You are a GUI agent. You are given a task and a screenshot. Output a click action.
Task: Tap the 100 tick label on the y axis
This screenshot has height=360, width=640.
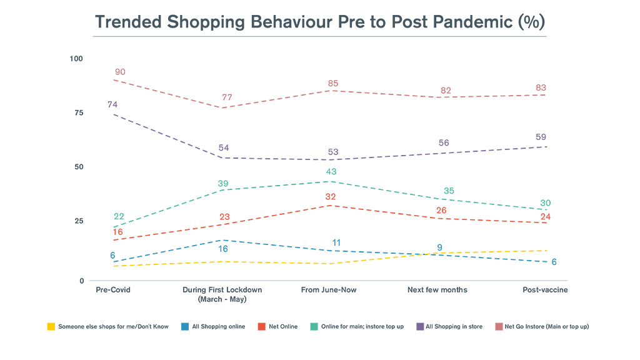coord(76,59)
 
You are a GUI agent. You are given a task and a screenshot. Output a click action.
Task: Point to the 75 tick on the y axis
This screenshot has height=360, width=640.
coord(77,113)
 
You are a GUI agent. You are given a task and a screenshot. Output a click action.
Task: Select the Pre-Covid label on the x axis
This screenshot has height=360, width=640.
coord(113,290)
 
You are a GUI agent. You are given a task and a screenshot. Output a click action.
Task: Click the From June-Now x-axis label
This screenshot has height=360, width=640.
coord(329,290)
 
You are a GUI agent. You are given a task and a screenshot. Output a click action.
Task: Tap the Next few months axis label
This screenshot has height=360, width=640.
coord(437,290)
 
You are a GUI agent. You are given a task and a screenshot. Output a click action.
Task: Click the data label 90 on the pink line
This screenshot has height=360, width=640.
coord(119,72)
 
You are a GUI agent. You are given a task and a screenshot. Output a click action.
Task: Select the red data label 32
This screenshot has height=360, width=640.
coord(331,197)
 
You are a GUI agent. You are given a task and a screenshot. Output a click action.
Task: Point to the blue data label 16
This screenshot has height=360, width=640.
coord(223,249)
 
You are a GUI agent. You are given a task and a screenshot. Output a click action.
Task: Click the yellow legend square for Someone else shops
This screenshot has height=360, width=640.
coord(51,326)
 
